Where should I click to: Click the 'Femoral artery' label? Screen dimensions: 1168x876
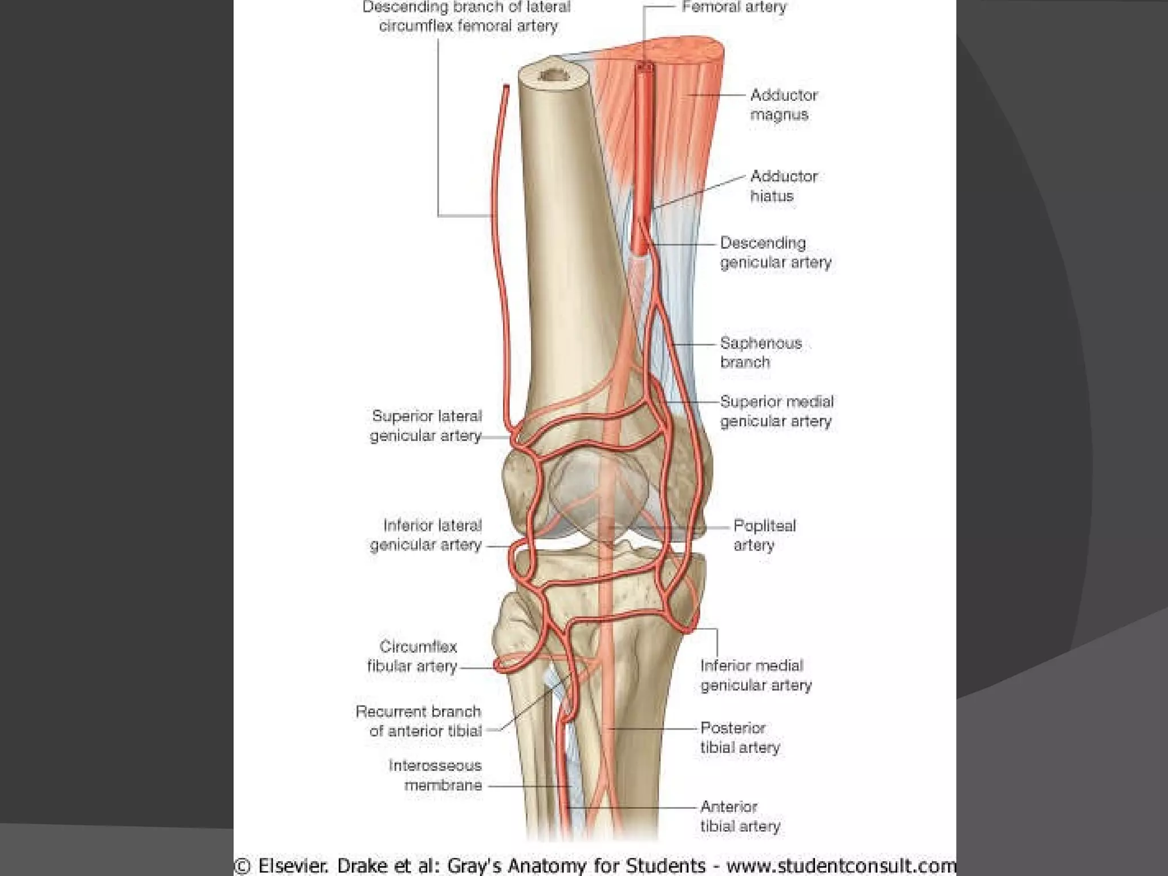pos(734,7)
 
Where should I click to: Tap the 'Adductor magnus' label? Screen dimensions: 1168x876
pos(784,105)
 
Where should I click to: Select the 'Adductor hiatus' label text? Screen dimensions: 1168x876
pos(784,186)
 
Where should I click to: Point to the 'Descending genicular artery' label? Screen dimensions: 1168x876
pos(775,253)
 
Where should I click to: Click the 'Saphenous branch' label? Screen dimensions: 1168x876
pos(760,352)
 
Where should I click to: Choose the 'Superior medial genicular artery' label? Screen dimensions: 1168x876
pos(776,411)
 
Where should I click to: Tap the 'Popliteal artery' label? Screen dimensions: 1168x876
pos(764,535)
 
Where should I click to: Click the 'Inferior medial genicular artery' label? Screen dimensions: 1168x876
pos(755,675)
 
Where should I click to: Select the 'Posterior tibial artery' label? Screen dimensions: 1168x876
pos(740,737)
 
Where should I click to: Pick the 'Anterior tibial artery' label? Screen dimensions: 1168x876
pos(740,816)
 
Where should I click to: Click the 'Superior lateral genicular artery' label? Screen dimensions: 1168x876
pos(426,426)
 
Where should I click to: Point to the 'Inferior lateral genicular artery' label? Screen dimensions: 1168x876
pos(426,535)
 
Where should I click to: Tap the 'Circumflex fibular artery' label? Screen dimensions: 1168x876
pos(412,656)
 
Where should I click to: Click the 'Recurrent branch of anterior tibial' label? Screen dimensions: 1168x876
pos(419,721)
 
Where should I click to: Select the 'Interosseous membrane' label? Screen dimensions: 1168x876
pos(435,775)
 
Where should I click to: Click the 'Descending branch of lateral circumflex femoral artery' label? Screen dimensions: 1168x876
pos(467,17)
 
